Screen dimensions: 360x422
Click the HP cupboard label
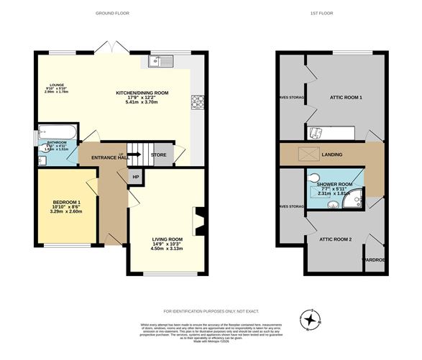134,176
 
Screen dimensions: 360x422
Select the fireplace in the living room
200,221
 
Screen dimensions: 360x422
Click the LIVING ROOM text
167,240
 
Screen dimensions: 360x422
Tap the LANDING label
332,154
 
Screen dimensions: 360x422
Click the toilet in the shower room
313,180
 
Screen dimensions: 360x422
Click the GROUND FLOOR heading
114,13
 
